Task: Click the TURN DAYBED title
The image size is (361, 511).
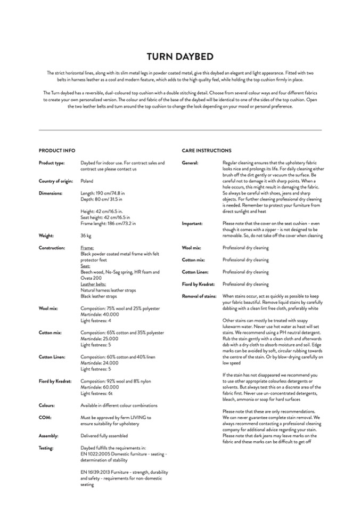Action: (180, 56)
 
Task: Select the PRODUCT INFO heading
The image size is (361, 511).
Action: (56, 151)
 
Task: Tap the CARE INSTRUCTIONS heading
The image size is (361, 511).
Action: (206, 151)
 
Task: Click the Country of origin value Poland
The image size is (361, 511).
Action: (87, 181)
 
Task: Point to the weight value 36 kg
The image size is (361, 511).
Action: (86, 235)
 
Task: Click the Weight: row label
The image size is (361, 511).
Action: (47, 235)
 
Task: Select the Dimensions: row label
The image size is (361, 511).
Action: (51, 193)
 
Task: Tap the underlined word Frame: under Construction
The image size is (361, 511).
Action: (87, 248)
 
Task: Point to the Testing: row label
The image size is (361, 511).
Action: (46, 448)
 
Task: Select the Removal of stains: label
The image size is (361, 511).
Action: (199, 296)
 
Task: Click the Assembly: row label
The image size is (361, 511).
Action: (48, 436)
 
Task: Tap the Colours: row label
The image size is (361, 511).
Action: (47, 405)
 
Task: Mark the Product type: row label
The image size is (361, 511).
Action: (52, 163)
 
